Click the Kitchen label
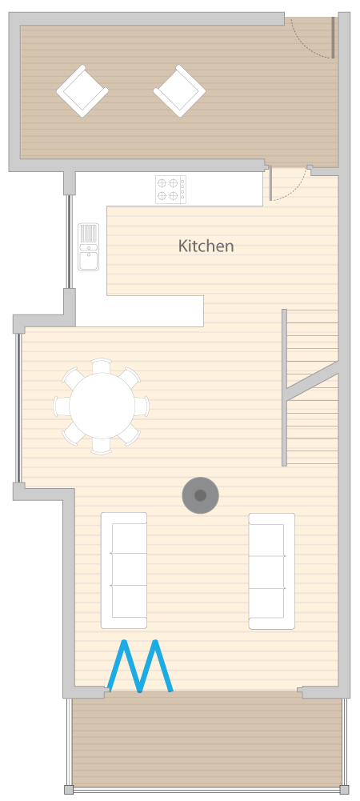(x=206, y=246)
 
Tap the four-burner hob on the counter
(x=171, y=190)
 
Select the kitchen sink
(x=88, y=246)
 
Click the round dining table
(x=102, y=406)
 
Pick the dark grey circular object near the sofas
(x=201, y=495)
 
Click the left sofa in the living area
(x=124, y=570)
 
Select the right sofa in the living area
(x=272, y=571)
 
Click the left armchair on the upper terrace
(x=82, y=91)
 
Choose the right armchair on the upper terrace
(x=179, y=91)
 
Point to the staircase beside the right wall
(x=310, y=387)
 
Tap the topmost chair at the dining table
(x=101, y=366)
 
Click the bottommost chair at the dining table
(x=101, y=446)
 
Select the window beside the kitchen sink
(x=69, y=242)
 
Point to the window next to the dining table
(x=18, y=407)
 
